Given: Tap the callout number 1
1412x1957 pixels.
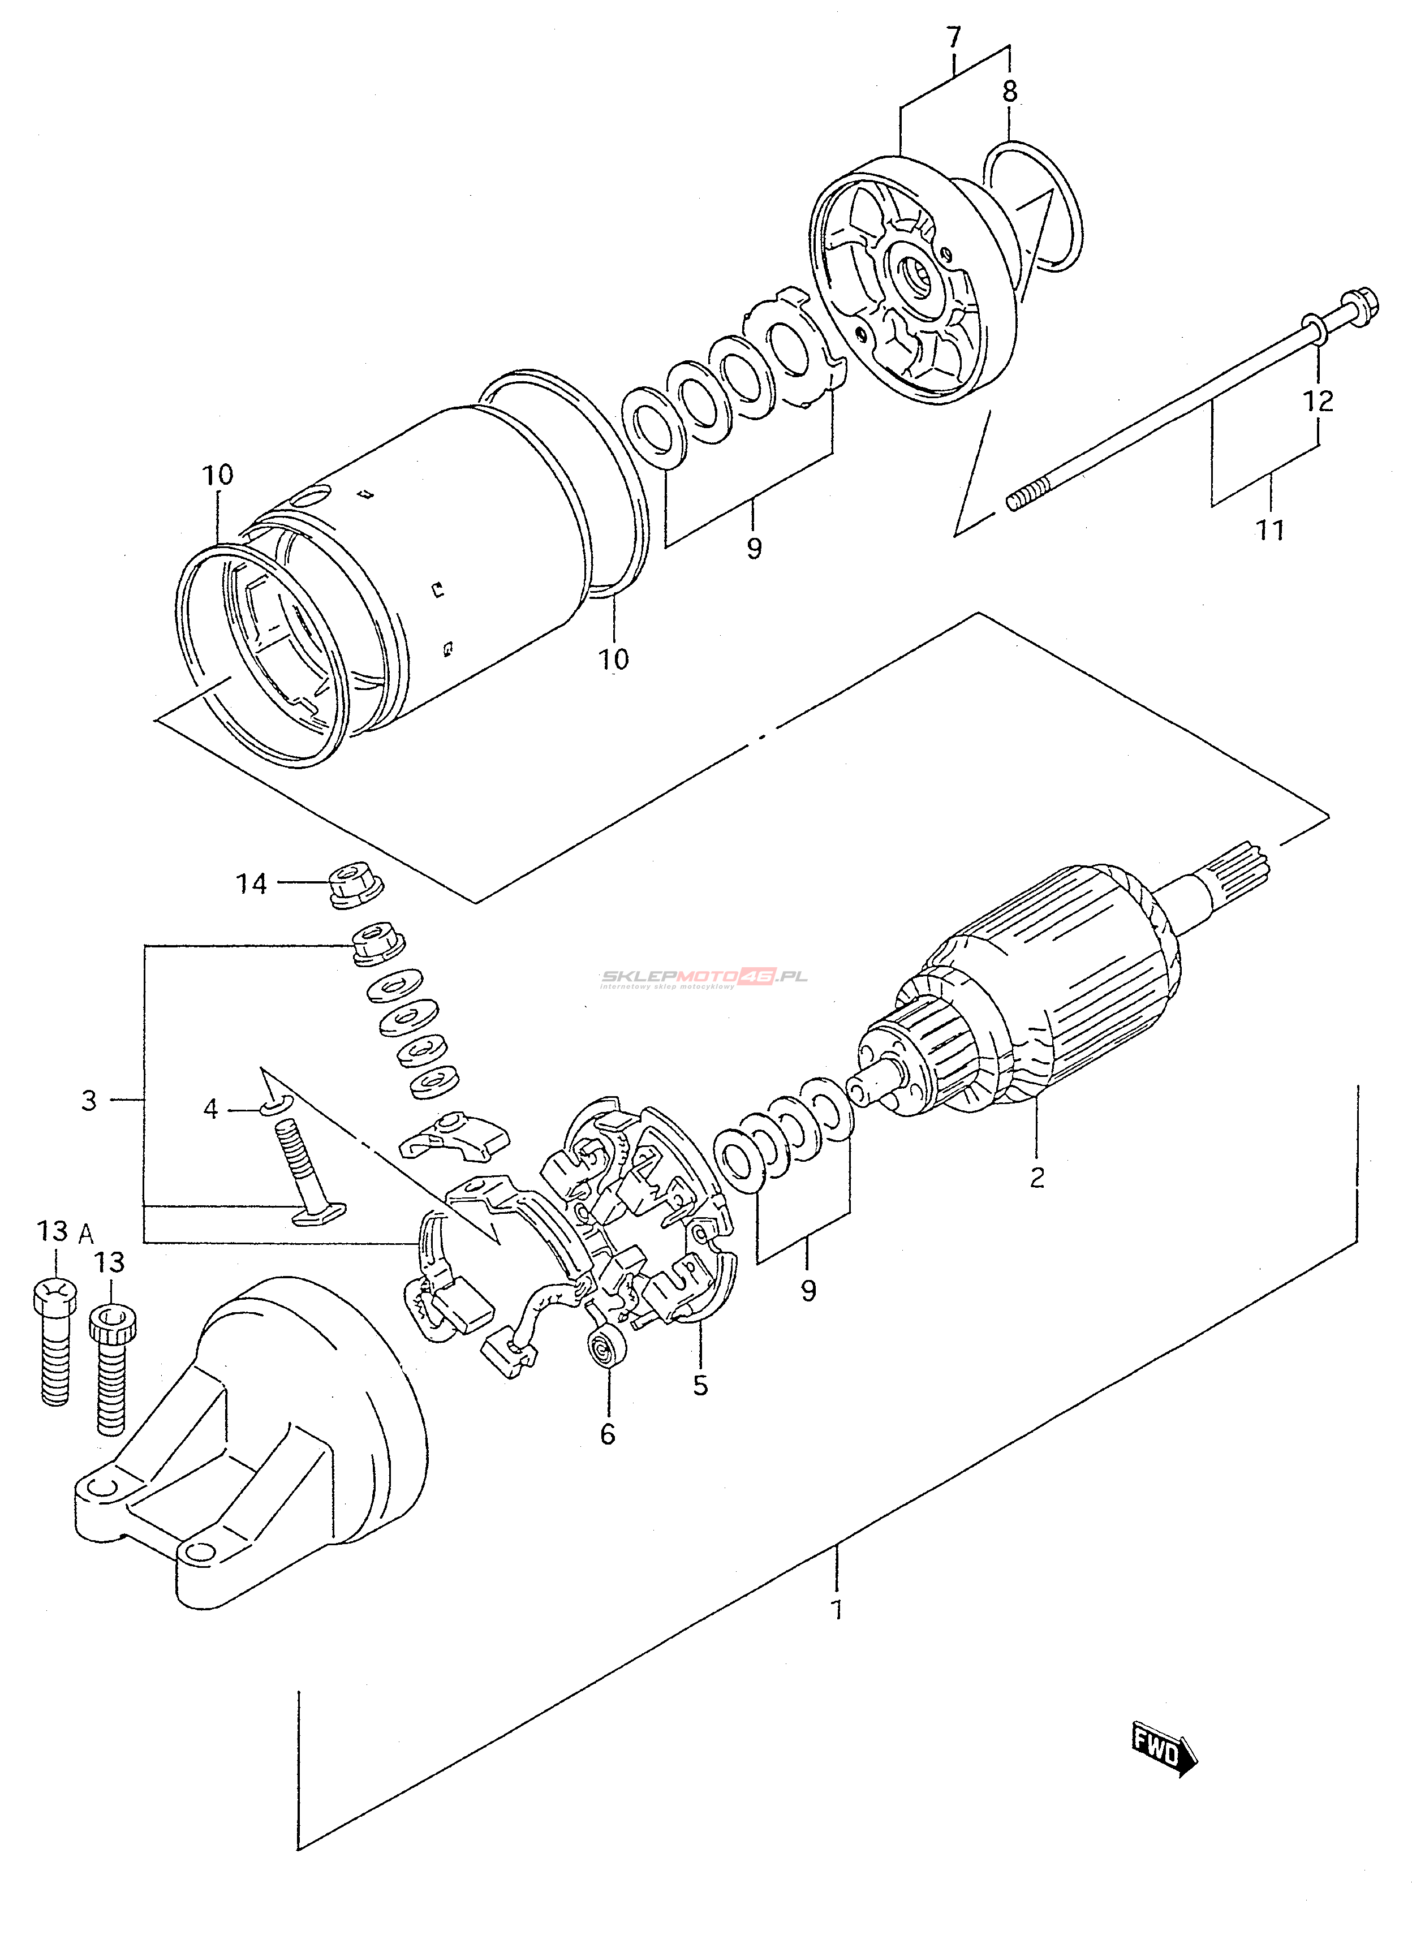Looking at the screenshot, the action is tap(836, 1609).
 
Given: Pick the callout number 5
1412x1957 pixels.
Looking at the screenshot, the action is tap(700, 1385).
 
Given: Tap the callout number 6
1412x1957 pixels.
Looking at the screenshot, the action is tap(608, 1434).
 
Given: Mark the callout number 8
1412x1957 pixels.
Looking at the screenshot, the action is tap(1010, 90).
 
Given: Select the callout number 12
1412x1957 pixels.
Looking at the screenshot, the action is tap(1318, 400).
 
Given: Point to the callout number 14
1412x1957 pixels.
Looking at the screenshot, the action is tap(252, 883).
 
